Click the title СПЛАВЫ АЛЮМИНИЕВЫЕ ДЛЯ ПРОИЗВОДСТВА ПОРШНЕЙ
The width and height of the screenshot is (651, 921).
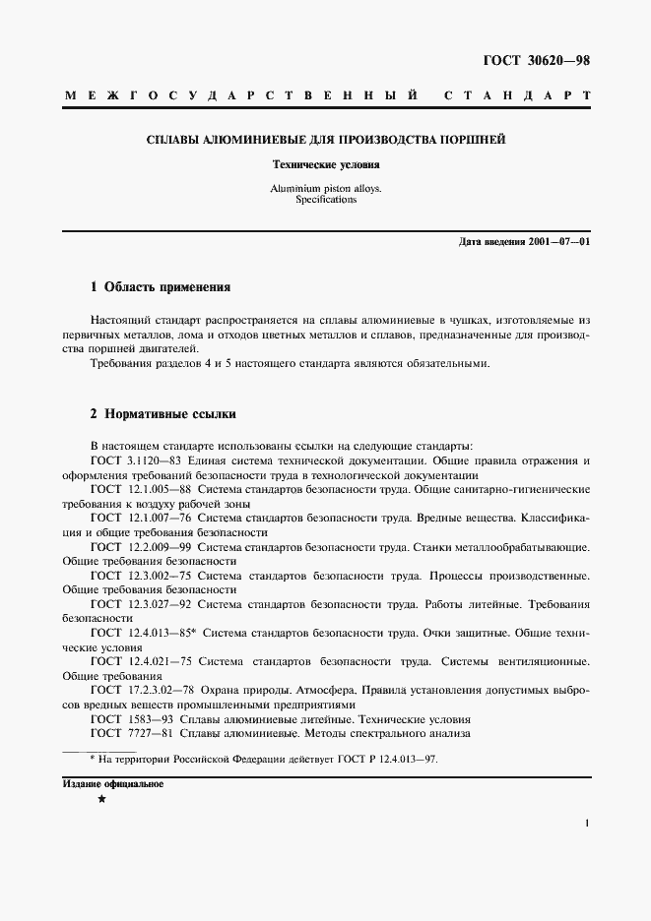tap(326, 140)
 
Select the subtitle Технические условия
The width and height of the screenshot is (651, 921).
tap(326, 165)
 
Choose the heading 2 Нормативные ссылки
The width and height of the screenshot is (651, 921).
tap(163, 414)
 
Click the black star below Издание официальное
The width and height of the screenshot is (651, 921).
tap(101, 801)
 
